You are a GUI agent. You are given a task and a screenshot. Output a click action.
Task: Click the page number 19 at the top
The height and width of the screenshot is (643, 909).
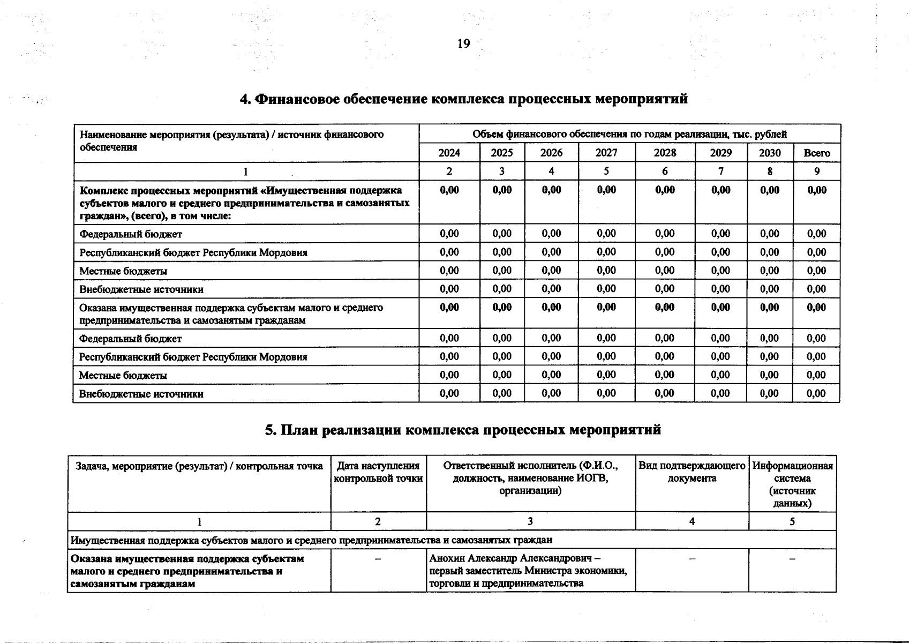(x=463, y=44)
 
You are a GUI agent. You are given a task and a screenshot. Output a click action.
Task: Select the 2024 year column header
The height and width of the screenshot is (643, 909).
(x=449, y=153)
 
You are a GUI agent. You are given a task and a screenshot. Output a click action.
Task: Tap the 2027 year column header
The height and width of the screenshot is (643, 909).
(x=606, y=153)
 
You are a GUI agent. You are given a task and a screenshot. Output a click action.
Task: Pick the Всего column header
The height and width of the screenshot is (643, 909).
(x=816, y=153)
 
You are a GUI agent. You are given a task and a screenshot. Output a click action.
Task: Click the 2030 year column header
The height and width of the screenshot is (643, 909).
(x=770, y=153)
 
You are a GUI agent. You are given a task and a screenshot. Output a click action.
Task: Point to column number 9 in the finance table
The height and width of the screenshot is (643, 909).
(x=816, y=171)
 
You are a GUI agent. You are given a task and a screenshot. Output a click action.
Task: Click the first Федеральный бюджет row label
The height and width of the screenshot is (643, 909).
(x=131, y=234)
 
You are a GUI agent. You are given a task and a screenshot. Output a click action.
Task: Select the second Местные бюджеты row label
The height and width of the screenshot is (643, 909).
(x=123, y=375)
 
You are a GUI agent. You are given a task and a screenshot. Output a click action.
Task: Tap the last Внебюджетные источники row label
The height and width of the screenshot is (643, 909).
(x=141, y=394)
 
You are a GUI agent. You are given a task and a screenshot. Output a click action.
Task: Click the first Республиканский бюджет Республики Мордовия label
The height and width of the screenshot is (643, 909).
(x=193, y=252)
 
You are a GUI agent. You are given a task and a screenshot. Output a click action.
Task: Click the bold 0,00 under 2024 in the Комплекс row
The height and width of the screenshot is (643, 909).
(x=449, y=190)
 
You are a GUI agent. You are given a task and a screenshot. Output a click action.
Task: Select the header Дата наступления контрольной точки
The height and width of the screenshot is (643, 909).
(x=378, y=472)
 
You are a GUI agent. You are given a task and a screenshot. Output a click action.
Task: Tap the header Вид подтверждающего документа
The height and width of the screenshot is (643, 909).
(x=692, y=472)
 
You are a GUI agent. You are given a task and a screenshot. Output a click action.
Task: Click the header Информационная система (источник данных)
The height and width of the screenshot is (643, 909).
(x=792, y=484)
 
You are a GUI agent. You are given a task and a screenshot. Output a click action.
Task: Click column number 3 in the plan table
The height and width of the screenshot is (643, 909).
(x=530, y=521)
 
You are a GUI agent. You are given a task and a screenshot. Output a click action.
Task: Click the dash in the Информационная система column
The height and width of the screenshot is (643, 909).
(x=792, y=559)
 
